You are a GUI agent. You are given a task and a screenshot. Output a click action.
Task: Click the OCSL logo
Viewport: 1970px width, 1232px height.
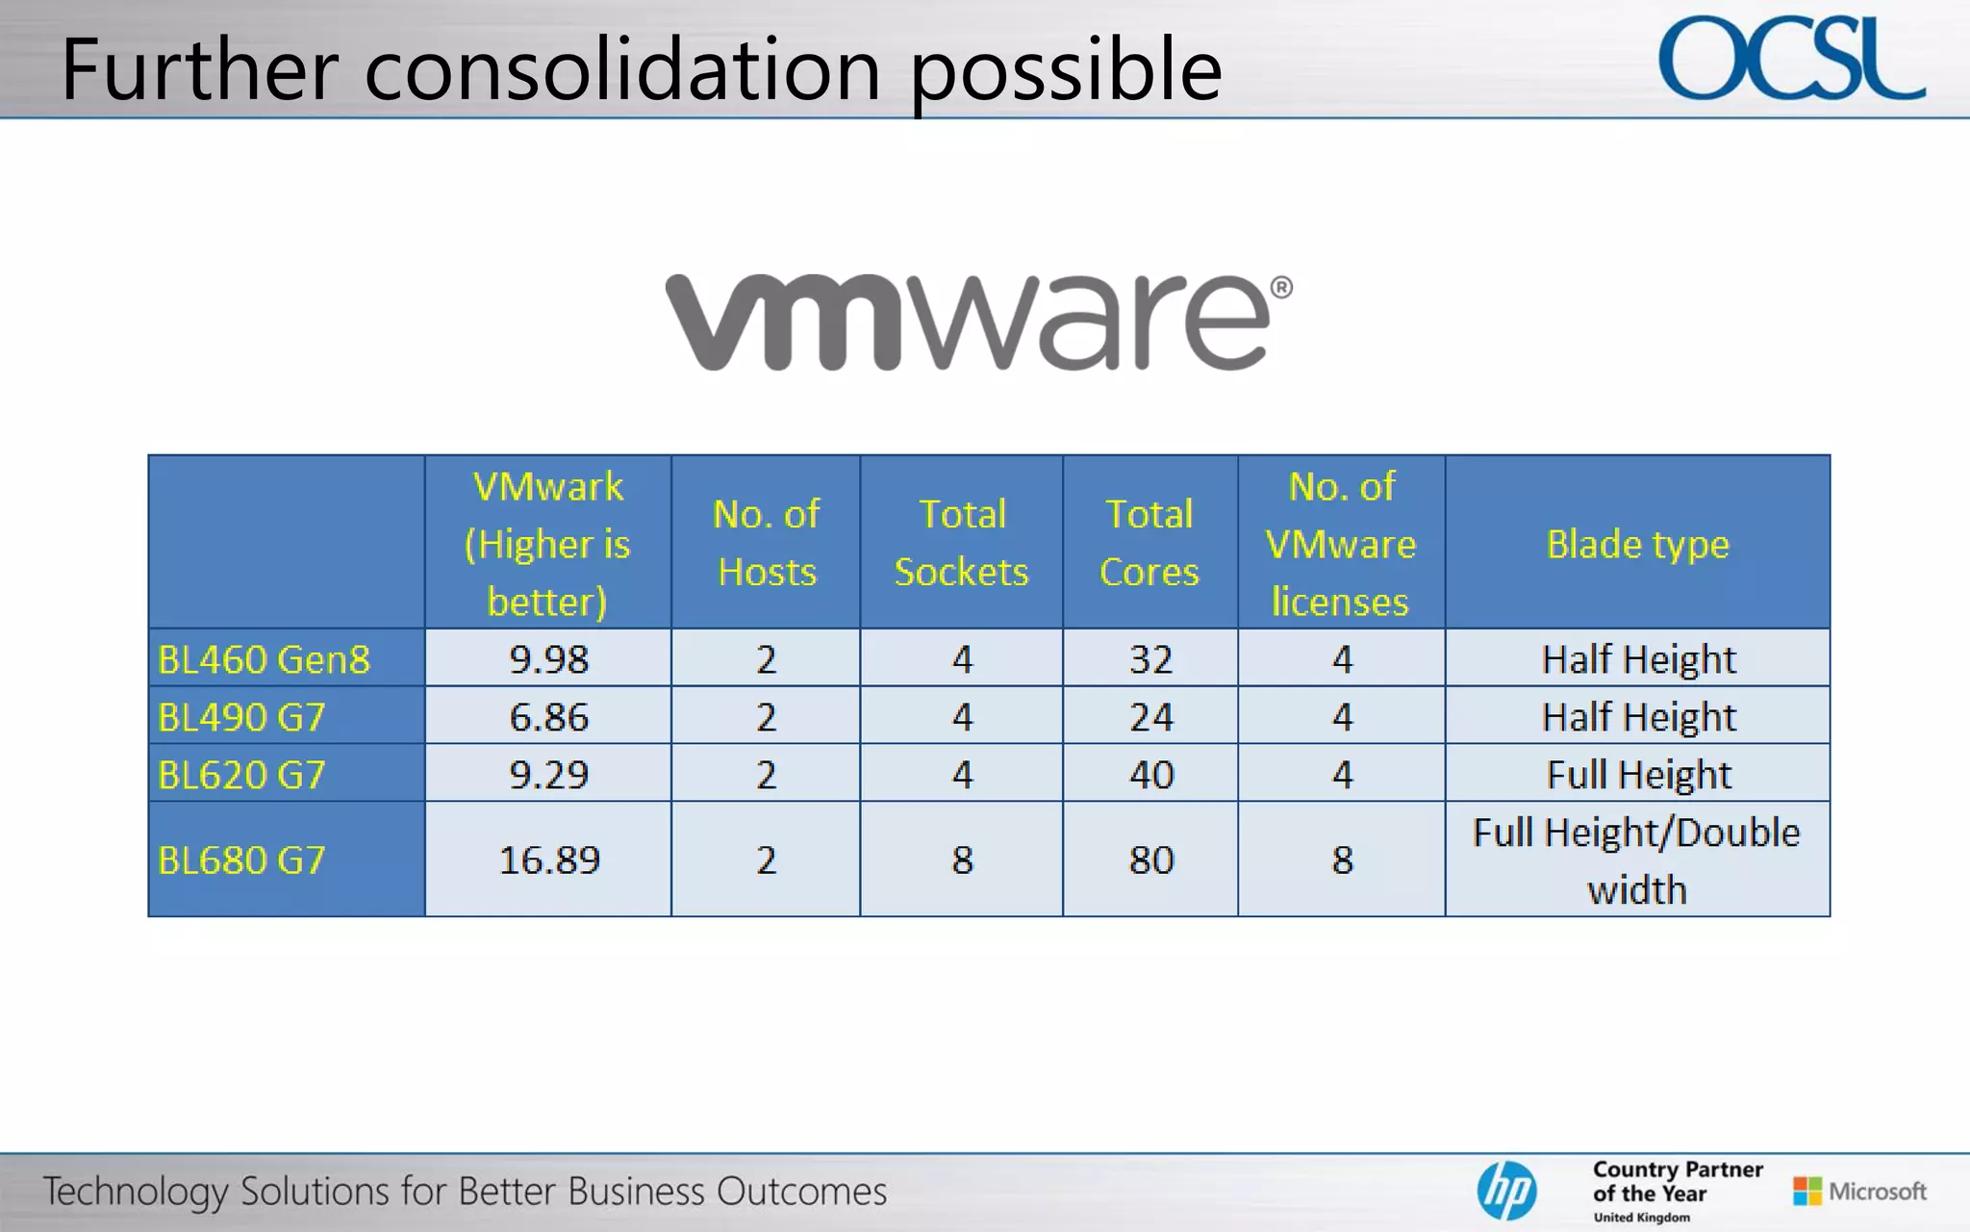tap(1791, 60)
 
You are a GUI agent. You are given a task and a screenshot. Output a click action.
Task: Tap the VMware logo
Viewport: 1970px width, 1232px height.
tap(978, 321)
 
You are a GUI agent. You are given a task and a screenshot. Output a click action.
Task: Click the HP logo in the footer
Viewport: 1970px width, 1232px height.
tap(1506, 1191)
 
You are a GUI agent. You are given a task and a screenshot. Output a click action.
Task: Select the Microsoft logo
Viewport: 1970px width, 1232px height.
tap(1859, 1192)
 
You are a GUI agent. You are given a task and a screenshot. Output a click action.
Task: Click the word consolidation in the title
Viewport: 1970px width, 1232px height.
tap(622, 69)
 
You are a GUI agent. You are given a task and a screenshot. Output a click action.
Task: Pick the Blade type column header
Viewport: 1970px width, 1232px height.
tap(1637, 544)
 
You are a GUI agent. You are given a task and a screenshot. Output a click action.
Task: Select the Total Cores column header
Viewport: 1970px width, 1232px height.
tap(1149, 543)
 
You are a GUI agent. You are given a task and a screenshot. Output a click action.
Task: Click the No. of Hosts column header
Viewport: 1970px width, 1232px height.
tap(767, 543)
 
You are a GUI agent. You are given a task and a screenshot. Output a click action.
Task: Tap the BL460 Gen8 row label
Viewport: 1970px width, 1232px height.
tap(264, 659)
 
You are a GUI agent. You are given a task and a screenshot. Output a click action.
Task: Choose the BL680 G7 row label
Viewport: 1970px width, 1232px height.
tap(241, 860)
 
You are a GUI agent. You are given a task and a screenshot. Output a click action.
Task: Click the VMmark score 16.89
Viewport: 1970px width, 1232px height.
tap(548, 860)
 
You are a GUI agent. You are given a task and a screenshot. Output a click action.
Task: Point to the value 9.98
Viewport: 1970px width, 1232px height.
tap(548, 659)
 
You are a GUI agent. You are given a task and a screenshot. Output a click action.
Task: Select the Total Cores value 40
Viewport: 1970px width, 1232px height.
tap(1150, 775)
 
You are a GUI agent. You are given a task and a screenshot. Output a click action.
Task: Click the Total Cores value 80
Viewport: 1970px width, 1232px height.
tap(1150, 860)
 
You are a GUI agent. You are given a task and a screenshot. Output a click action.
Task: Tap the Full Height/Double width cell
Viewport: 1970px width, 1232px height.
tap(1637, 860)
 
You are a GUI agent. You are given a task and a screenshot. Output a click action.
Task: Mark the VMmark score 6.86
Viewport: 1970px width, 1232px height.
tap(548, 717)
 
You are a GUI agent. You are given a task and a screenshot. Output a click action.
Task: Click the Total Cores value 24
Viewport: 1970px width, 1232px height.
tap(1150, 717)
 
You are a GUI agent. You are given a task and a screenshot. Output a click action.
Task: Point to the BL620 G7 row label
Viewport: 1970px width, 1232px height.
tap(241, 775)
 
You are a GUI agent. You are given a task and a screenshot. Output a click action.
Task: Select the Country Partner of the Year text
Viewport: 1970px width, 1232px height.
tap(1678, 1183)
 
